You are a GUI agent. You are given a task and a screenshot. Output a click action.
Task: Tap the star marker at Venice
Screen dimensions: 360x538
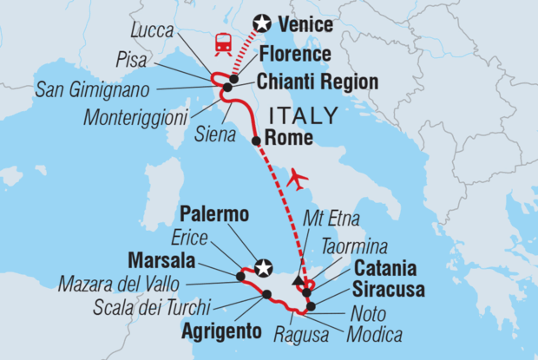(x=261, y=24)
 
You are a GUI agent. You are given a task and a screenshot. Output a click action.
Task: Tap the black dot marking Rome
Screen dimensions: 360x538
(x=256, y=141)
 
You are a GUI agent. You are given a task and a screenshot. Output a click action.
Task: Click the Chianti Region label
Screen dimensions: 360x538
(x=318, y=82)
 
